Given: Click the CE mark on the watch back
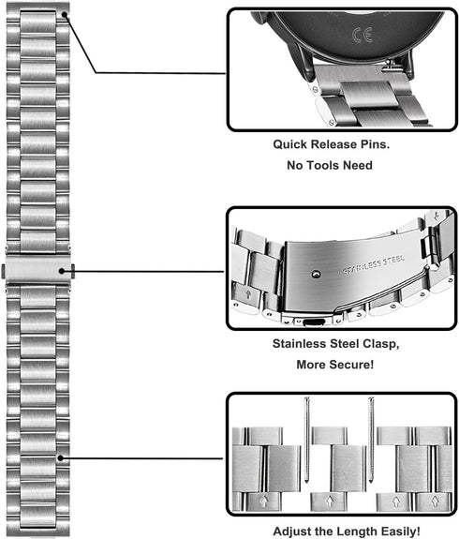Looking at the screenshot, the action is pyautogui.click(x=363, y=35).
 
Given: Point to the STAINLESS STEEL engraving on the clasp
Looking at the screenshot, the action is pyautogui.click(x=374, y=264).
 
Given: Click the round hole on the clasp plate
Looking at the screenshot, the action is pyautogui.click(x=316, y=275).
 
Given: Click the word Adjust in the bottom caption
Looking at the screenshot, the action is pyautogui.click(x=289, y=532).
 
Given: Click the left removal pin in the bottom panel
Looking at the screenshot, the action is pyautogui.click(x=307, y=440).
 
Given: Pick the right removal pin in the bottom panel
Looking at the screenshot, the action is pyautogui.click(x=371, y=440).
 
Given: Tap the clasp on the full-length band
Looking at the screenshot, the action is pyautogui.click(x=38, y=269).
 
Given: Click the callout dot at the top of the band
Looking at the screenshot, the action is pyautogui.click(x=65, y=14).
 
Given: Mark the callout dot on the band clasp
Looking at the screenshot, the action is pyautogui.click(x=62, y=271).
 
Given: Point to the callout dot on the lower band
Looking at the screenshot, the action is pyautogui.click(x=61, y=458).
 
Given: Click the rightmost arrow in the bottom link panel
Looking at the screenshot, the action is pyautogui.click(x=435, y=502).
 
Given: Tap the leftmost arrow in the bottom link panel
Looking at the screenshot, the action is pyautogui.click(x=264, y=502).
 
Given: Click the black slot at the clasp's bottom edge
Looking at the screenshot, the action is pyautogui.click(x=315, y=322).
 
